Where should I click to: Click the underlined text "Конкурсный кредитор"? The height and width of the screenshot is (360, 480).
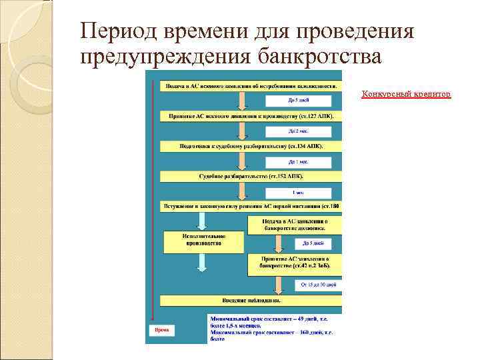point(406,94)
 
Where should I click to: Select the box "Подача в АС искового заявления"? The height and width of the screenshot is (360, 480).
point(249,87)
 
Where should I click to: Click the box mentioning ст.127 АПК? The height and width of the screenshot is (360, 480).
point(249,116)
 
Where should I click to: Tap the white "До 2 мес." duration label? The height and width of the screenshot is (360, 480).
point(298,131)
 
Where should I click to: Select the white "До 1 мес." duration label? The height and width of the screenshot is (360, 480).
point(298,161)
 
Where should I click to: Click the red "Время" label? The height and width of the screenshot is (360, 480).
point(162,329)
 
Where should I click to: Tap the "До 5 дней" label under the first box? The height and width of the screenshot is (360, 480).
point(298,101)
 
